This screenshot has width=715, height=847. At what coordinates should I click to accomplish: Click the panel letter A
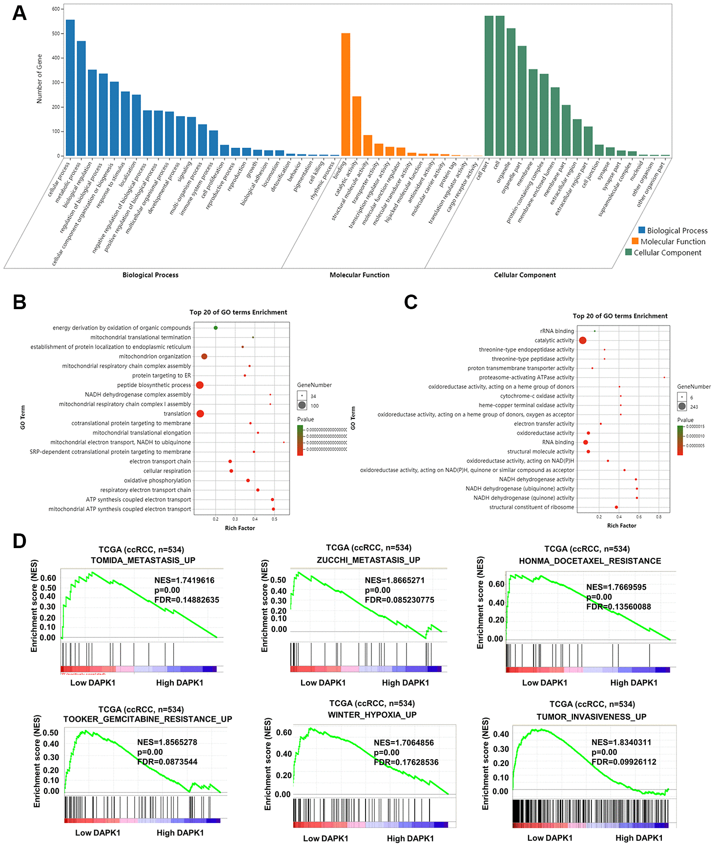(20, 13)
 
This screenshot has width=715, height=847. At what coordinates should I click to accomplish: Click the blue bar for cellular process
(70, 88)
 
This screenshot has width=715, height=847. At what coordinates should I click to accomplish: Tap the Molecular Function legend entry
(673, 241)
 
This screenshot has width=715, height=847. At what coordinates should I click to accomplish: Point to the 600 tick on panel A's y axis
(56, 9)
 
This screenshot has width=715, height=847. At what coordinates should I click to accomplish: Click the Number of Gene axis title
(40, 79)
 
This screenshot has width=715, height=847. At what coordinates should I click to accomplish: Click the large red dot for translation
(200, 414)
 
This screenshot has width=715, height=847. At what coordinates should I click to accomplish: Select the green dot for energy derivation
(216, 328)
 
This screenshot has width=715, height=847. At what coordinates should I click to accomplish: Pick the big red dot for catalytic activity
(583, 340)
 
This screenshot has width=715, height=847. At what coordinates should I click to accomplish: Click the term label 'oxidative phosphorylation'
(157, 480)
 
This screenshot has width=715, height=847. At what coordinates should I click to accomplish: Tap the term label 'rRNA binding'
(557, 331)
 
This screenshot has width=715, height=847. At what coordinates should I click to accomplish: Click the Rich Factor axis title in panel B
(240, 528)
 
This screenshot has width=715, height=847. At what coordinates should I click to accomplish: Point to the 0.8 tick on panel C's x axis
(659, 517)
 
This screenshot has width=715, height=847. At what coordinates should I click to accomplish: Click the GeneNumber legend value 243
(694, 407)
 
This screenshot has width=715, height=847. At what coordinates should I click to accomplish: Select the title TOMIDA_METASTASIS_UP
(143, 560)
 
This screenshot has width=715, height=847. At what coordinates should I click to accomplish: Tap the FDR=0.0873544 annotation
(167, 762)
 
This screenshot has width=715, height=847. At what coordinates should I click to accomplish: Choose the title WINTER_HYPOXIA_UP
(372, 715)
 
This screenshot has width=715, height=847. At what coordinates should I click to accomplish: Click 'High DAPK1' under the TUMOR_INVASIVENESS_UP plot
(639, 838)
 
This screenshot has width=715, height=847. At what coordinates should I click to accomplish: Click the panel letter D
(20, 541)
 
